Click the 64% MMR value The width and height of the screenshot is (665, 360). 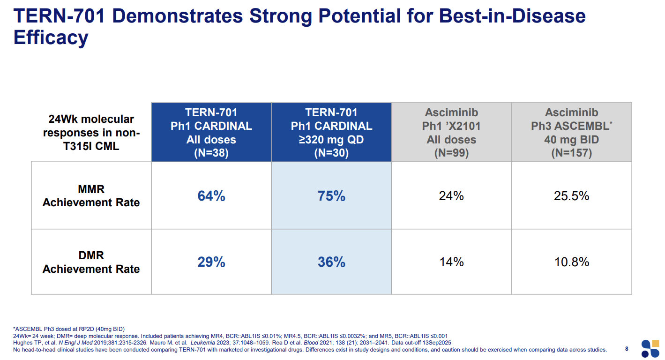click(211, 196)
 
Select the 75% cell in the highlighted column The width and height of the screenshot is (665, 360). click(331, 196)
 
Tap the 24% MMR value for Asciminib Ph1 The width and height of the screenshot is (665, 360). click(451, 196)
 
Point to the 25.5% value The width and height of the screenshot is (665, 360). click(571, 196)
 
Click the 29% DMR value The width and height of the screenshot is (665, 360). click(211, 262)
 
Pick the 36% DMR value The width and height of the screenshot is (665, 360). click(331, 262)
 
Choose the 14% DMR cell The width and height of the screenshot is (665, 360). click(451, 262)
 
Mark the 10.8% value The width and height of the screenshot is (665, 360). click(571, 262)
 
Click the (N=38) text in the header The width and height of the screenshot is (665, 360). click(211, 153)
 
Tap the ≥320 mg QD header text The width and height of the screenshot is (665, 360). click(331, 140)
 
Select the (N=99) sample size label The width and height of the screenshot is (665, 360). click(451, 153)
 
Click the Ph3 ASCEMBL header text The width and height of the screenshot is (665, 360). click(569, 126)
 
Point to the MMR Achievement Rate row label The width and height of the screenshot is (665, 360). click(91, 196)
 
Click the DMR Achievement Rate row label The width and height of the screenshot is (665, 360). click(91, 262)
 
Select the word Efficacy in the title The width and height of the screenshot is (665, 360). click(51, 37)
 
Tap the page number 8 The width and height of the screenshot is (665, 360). click(627, 349)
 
